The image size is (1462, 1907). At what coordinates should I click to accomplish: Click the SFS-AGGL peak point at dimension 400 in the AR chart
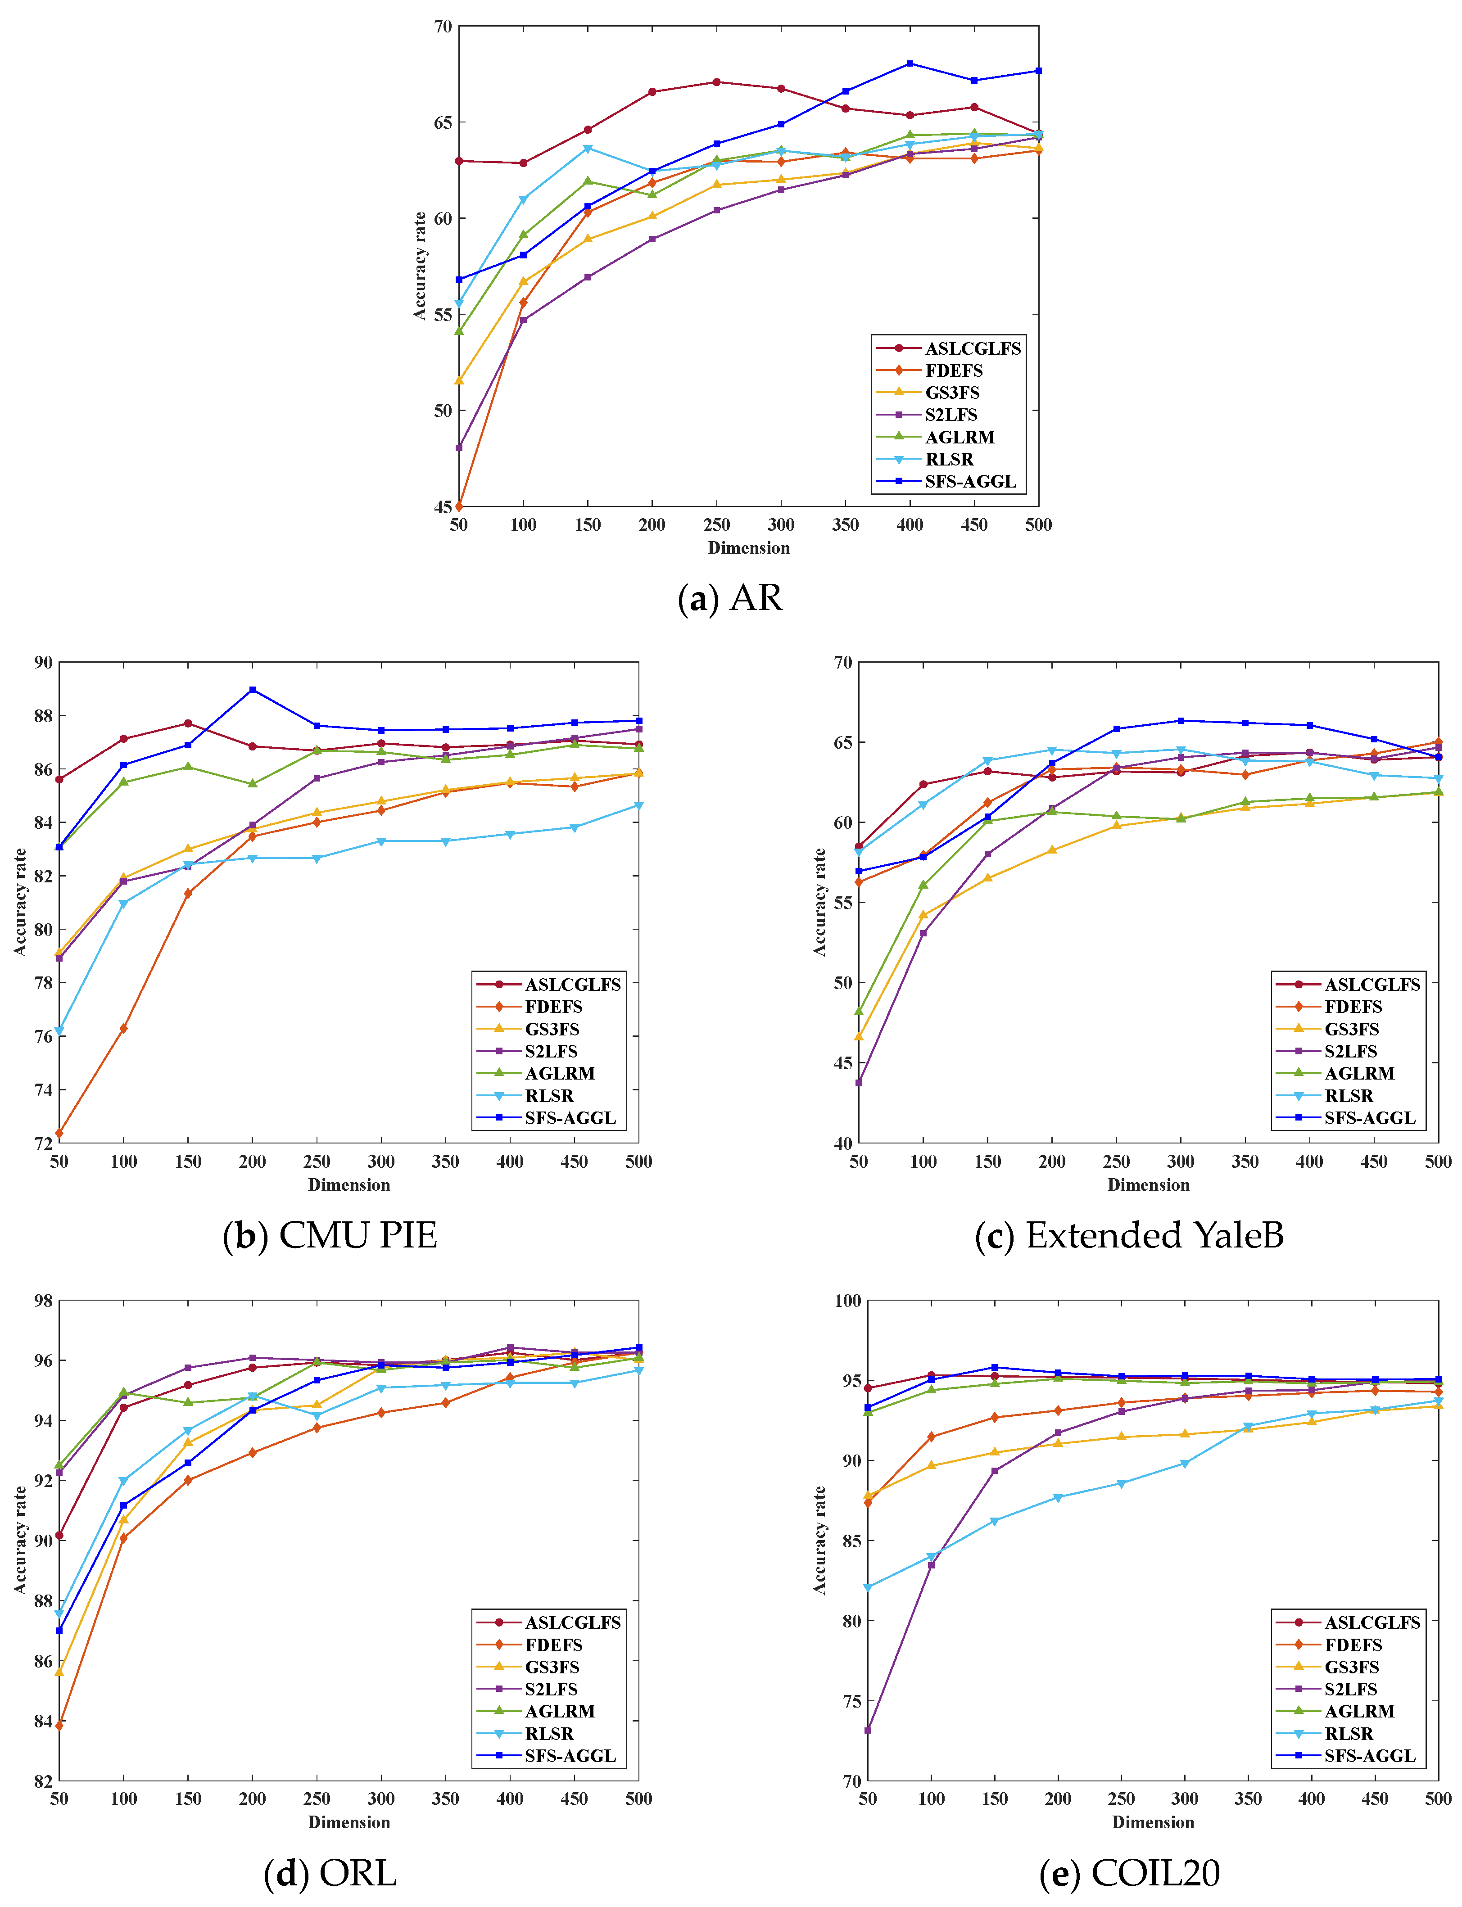coord(910,63)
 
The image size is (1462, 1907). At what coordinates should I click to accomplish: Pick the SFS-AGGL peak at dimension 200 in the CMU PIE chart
coord(252,690)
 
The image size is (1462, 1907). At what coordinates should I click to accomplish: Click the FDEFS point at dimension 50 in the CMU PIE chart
coord(59,1133)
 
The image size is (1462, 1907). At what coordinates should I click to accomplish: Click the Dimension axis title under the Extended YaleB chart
coord(1148,1185)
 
